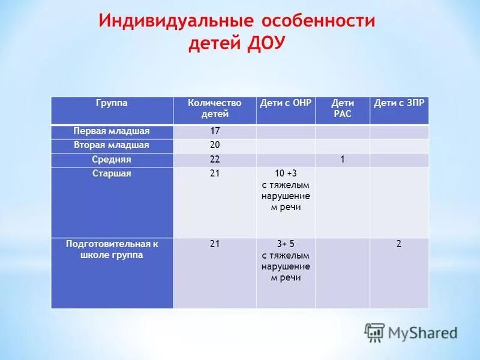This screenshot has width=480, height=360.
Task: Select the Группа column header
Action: pos(112,103)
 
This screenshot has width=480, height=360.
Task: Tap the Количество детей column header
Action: pos(214,108)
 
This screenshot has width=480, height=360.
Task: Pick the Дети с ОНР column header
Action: pos(286,103)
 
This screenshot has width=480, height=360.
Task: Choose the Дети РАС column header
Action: pos(343,108)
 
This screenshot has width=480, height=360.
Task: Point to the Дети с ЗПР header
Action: pos(399,103)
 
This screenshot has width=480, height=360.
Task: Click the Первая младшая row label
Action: pos(112,131)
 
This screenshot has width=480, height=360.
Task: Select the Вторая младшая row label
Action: pos(112,145)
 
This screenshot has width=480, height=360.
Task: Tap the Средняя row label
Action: pos(112,160)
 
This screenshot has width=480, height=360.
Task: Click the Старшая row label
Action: pos(112,173)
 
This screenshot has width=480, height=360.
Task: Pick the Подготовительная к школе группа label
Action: pos(112,249)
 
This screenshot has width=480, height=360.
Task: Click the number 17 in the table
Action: pos(215,131)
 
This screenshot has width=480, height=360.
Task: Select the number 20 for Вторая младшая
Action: pos(215,145)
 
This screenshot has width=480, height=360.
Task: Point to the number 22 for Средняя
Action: pos(215,160)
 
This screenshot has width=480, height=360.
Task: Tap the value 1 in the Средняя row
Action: pos(343,160)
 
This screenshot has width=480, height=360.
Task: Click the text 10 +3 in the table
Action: pos(286,174)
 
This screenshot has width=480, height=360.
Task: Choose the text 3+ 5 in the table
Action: pos(286,244)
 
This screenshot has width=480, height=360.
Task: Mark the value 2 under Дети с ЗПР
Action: pos(399,244)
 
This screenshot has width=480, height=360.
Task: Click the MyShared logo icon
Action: pos(375,332)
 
